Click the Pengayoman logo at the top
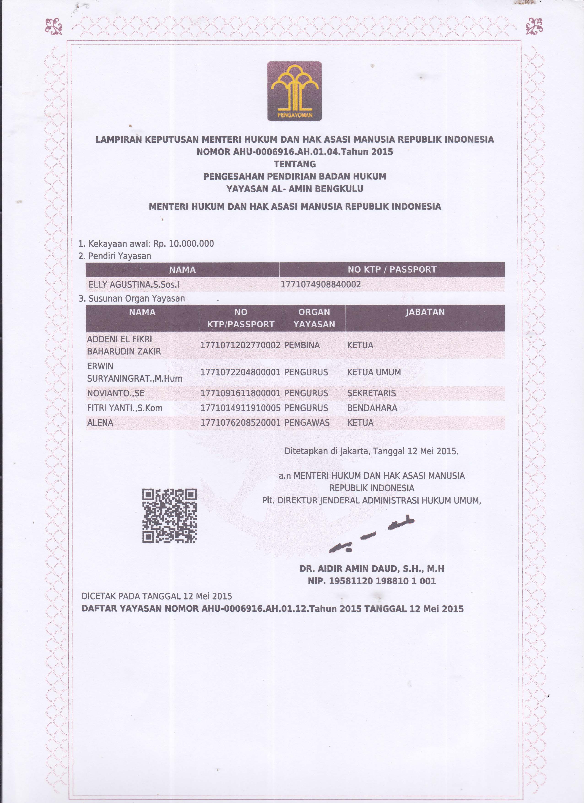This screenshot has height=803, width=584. click(294, 91)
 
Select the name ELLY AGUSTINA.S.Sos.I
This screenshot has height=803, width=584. click(134, 284)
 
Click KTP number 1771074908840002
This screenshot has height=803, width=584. click(321, 284)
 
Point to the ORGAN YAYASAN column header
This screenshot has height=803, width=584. click(314, 318)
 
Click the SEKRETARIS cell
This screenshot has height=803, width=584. click(371, 393)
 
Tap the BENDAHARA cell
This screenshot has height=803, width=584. click(372, 408)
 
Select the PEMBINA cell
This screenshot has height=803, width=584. click(302, 345)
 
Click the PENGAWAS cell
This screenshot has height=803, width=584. click(306, 423)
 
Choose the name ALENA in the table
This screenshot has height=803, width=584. click(100, 423)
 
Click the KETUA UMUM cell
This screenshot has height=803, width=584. click(374, 372)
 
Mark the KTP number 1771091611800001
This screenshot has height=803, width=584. click(240, 393)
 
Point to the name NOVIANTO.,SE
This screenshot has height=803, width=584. click(115, 393)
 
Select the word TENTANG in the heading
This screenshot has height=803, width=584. click(295, 164)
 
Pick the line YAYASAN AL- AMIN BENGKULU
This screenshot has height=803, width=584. click(295, 189)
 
